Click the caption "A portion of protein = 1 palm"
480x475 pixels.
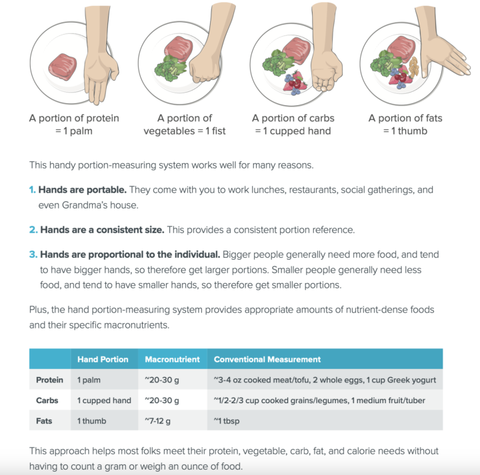pos(74,125)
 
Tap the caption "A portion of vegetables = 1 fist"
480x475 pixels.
pos(185,125)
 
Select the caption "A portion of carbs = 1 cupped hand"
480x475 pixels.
pos(293,125)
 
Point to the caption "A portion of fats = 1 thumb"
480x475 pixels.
pos(405,125)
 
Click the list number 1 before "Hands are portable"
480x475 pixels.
pos(32,190)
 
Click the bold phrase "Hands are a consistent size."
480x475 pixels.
pos(102,230)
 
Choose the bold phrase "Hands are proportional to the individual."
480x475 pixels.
pos(129,254)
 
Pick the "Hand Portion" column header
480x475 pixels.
pos(103,359)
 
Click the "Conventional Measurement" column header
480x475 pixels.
pos(267,359)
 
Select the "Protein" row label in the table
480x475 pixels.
pos(49,380)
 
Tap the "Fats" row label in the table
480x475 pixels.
pos(46,421)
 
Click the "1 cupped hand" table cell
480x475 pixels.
pos(104,400)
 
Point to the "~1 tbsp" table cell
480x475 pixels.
pos(227,421)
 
